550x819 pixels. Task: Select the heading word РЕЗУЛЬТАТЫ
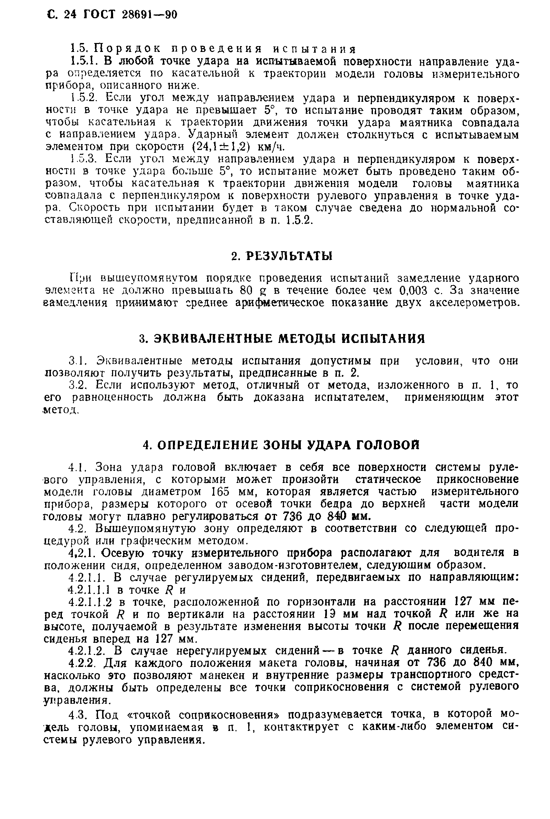point(289,256)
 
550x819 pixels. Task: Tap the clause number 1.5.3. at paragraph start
point(83,159)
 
